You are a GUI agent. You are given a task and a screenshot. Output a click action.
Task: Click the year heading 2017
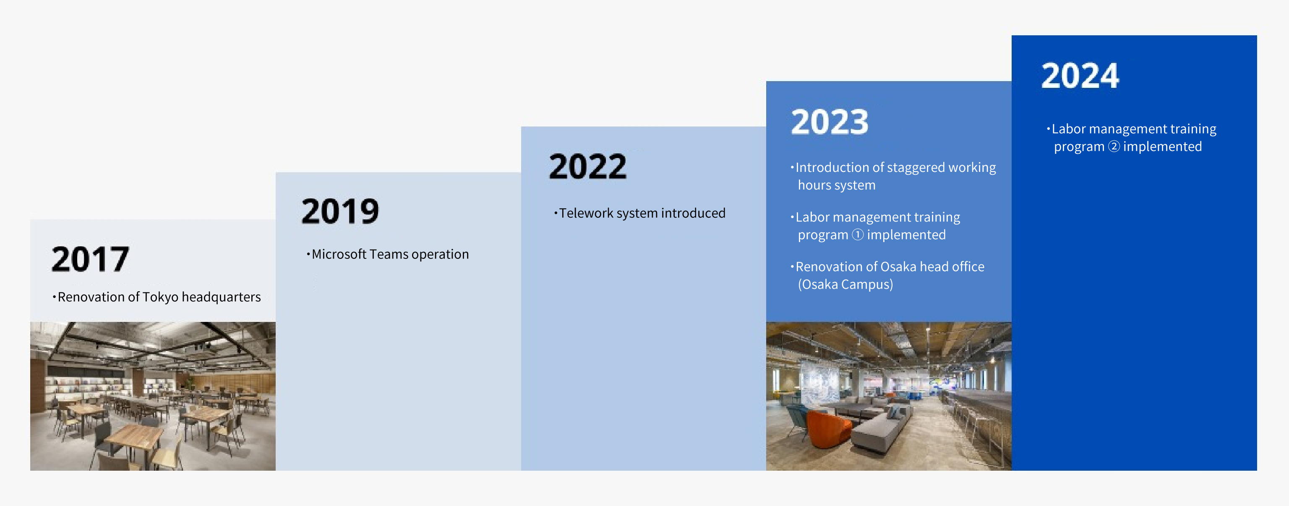pyautogui.click(x=91, y=259)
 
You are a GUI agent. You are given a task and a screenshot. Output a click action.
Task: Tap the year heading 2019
pyautogui.click(x=340, y=211)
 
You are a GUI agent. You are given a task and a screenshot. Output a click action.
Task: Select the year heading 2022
pyautogui.click(x=587, y=166)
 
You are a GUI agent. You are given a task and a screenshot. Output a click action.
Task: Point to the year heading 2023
pyautogui.click(x=830, y=122)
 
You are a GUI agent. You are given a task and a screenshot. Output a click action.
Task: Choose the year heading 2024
pyautogui.click(x=1080, y=76)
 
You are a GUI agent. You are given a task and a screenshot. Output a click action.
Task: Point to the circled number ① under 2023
pyautogui.click(x=858, y=235)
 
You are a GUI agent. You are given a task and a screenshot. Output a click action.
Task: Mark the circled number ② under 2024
pyautogui.click(x=1114, y=146)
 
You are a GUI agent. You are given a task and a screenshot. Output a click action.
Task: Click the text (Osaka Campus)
pyautogui.click(x=845, y=285)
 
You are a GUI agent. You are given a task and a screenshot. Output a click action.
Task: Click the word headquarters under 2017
pyautogui.click(x=221, y=297)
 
